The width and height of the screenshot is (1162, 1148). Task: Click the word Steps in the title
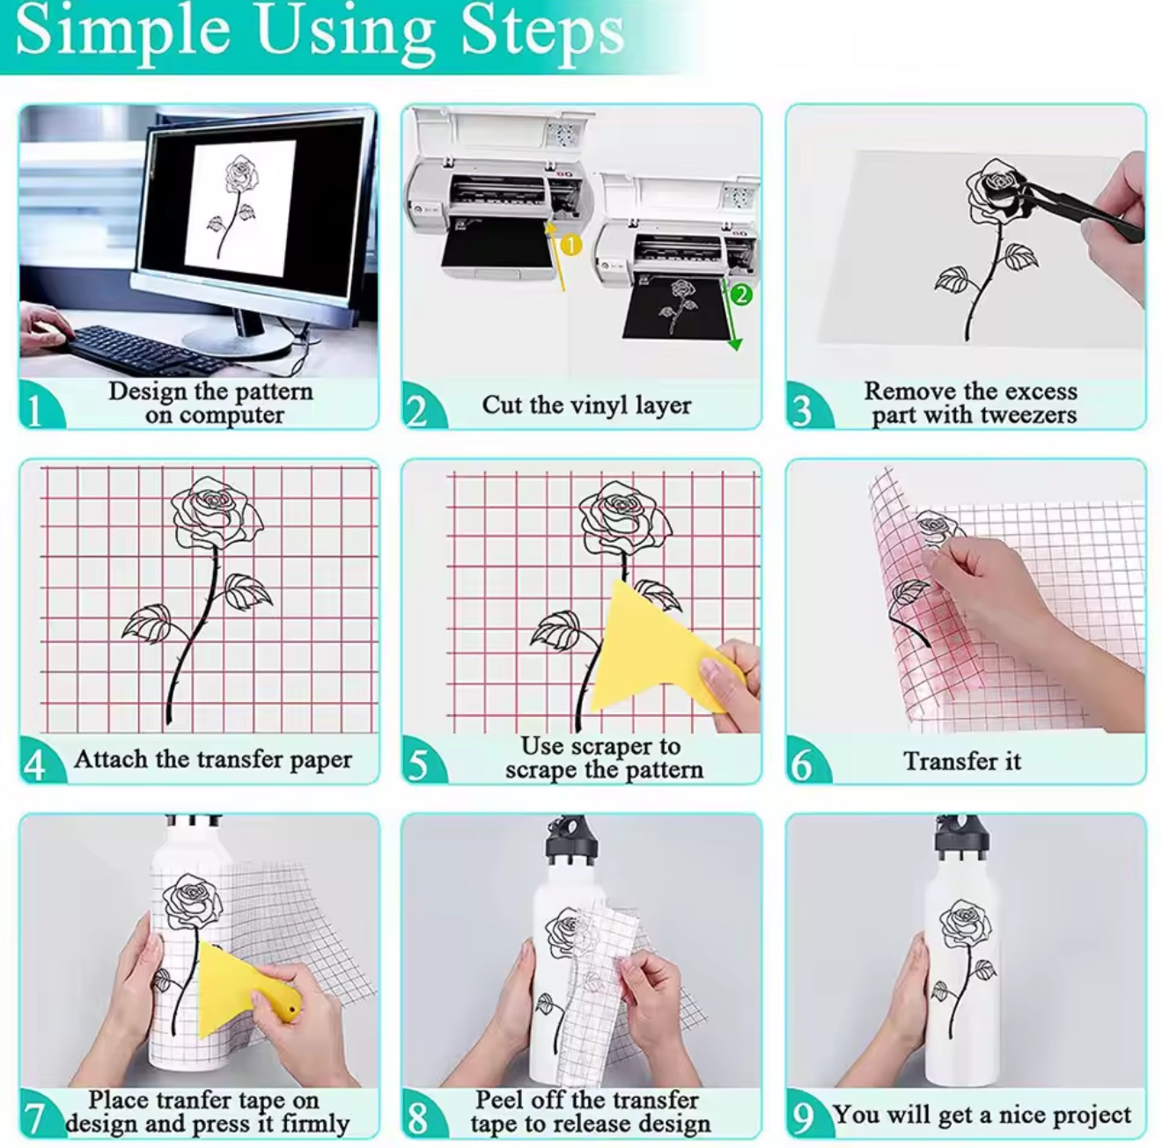click(x=543, y=33)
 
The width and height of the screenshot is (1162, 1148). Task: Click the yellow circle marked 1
click(x=570, y=245)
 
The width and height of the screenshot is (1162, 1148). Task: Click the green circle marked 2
click(x=741, y=294)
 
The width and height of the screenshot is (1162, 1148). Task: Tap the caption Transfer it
click(x=962, y=761)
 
